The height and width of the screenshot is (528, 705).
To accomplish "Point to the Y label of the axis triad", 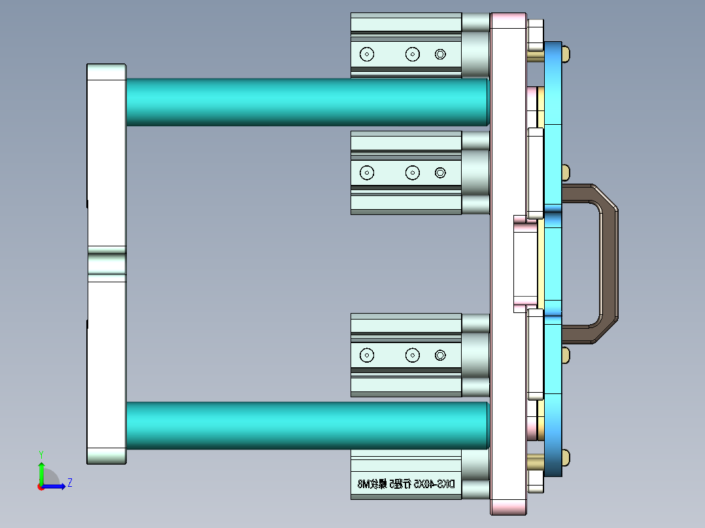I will (41, 454).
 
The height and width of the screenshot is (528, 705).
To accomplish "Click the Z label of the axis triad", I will (69, 483).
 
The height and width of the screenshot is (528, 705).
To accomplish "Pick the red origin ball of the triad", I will (41, 486).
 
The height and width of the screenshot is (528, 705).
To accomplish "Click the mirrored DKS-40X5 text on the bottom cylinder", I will (405, 484).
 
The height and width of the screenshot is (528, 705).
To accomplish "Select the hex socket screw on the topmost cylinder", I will (440, 54).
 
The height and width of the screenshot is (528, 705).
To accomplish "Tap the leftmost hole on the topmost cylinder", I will (368, 54).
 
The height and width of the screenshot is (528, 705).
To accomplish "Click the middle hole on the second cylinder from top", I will (412, 173).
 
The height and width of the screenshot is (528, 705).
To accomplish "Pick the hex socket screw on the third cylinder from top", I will (440, 355).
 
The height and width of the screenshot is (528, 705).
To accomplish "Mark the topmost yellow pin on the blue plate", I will (566, 52).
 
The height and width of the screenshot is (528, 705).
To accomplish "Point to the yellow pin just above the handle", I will (564, 173).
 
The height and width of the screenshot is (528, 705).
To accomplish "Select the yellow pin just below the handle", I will (564, 355).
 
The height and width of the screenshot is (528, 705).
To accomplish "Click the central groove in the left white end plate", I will (107, 264).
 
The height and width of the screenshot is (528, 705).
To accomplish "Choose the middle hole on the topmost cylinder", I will (412, 54).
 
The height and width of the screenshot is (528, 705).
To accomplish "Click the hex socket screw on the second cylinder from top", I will (440, 173).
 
